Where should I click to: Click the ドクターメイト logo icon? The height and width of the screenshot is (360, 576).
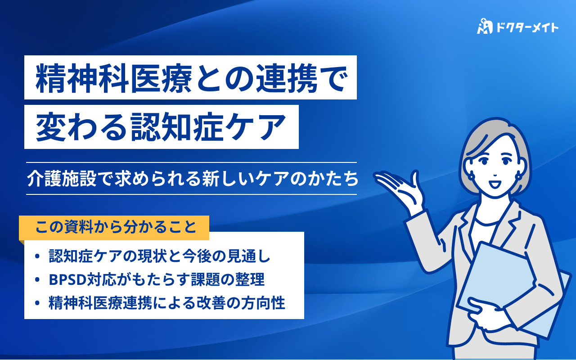click(484, 27)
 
